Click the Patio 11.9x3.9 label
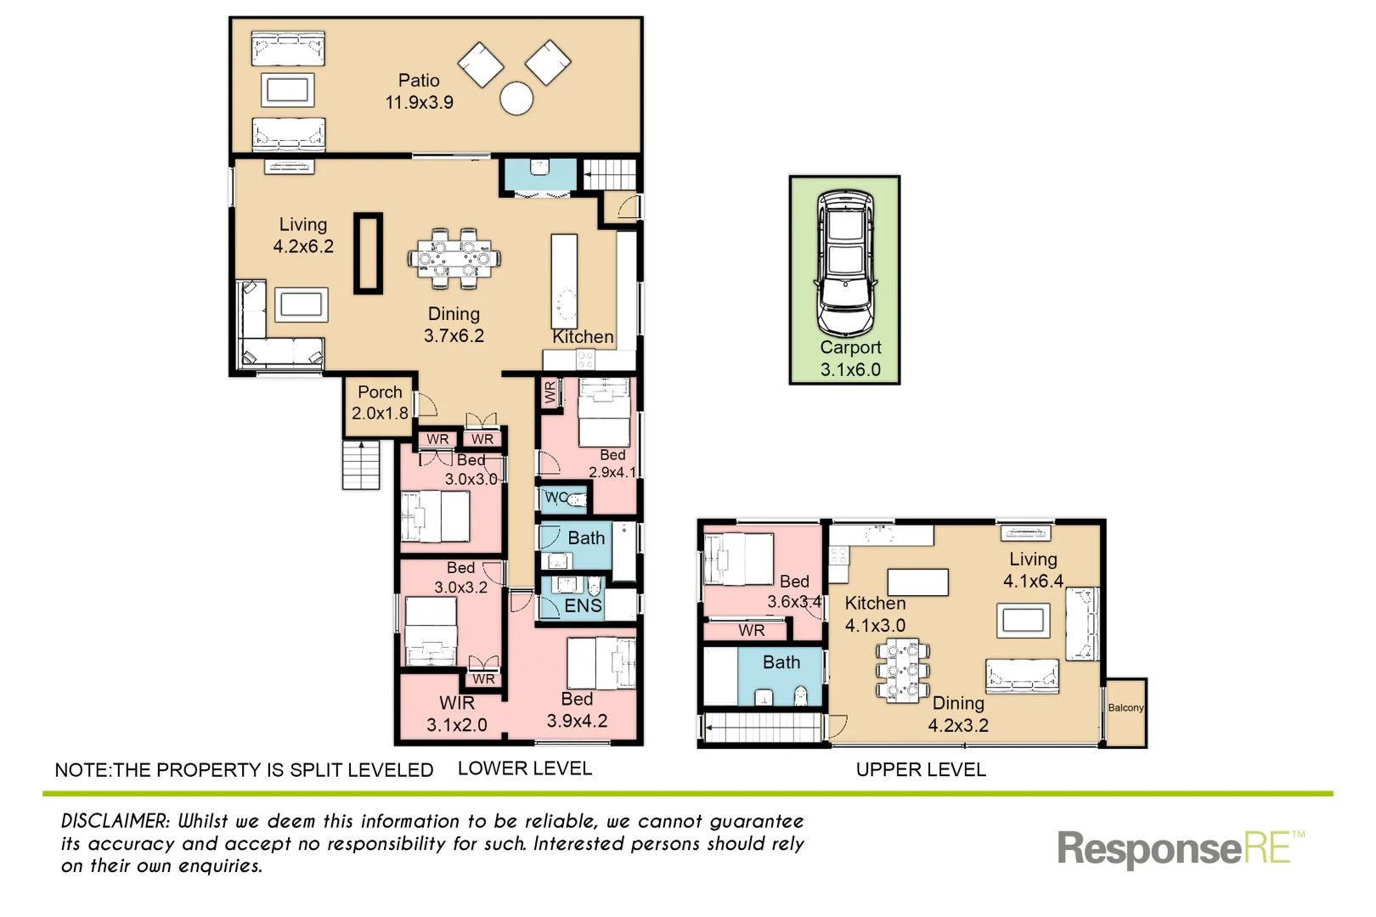(x=419, y=92)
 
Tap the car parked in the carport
(x=845, y=263)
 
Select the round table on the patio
(x=516, y=98)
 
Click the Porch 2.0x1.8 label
(x=380, y=402)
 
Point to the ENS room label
(x=583, y=605)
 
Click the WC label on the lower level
(x=556, y=498)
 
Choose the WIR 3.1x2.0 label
(x=457, y=714)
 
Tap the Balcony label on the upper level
(x=1125, y=707)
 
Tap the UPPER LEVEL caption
(x=921, y=769)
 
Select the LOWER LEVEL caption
(x=524, y=768)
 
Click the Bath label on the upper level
(x=781, y=662)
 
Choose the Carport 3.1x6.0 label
(x=850, y=358)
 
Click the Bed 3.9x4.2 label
(x=577, y=710)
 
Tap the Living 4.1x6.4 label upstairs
(x=1033, y=570)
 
